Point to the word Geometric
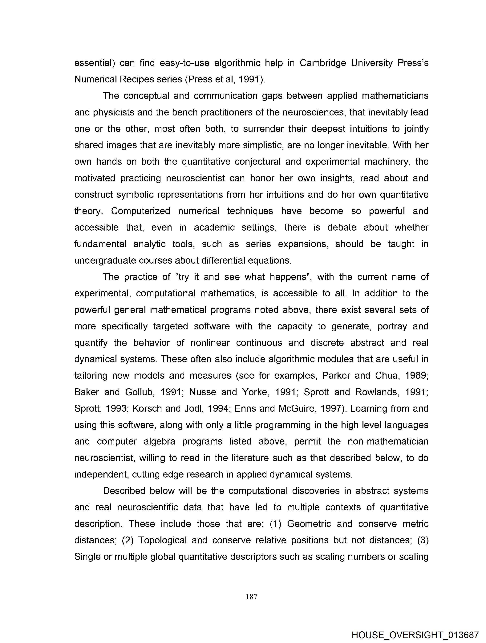[309, 524]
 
